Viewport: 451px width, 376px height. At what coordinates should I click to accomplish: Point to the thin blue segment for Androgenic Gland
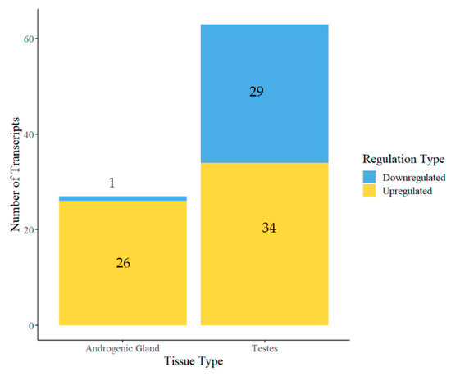(x=123, y=198)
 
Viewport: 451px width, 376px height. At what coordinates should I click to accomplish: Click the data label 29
(x=256, y=92)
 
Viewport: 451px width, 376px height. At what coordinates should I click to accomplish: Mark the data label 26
(x=123, y=263)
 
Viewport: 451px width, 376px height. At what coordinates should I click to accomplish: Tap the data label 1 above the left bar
(x=112, y=183)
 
